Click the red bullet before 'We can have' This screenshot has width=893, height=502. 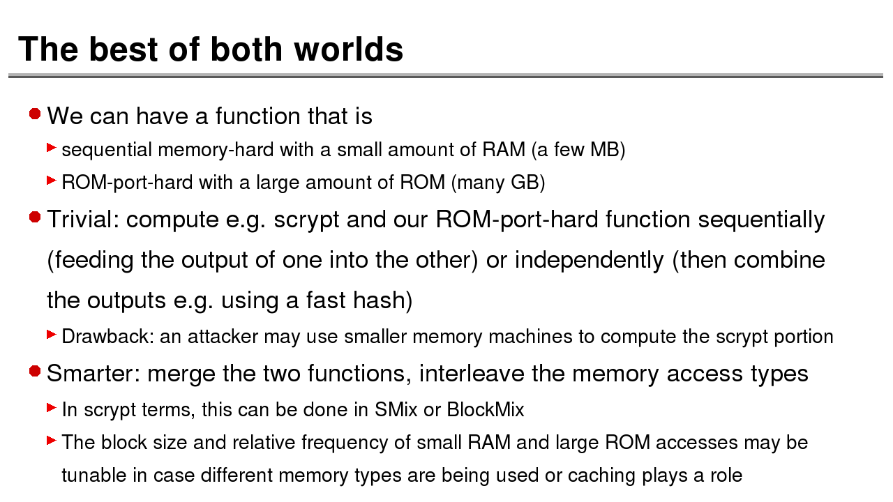click(35, 114)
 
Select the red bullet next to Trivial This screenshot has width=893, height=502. click(35, 218)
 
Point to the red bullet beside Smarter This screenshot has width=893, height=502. click(35, 372)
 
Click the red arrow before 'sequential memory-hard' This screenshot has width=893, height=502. click(51, 148)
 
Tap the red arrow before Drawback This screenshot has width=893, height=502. click(51, 335)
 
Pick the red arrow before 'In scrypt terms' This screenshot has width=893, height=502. click(51, 407)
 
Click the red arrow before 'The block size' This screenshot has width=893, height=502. click(51, 441)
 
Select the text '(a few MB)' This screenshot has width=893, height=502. click(578, 150)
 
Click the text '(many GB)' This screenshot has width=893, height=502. click(497, 183)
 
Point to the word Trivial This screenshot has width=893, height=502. click(82, 220)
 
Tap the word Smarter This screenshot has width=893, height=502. click(93, 374)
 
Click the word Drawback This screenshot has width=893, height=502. click(107, 337)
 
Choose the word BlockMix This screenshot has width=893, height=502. click(485, 409)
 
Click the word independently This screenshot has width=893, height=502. click(589, 260)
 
